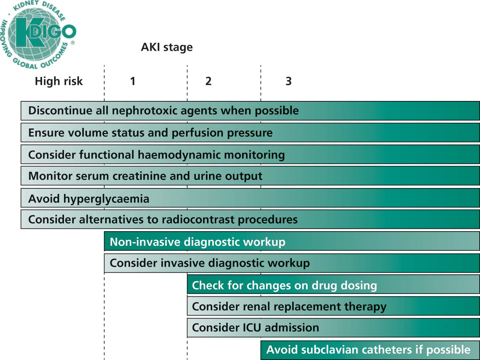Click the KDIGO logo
39,34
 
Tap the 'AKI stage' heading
167,47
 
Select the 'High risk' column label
59,81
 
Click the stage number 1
133,81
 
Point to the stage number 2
208,81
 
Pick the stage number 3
289,81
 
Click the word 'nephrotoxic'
145,110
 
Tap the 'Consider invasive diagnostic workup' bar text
210,263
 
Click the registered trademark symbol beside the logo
73,43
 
